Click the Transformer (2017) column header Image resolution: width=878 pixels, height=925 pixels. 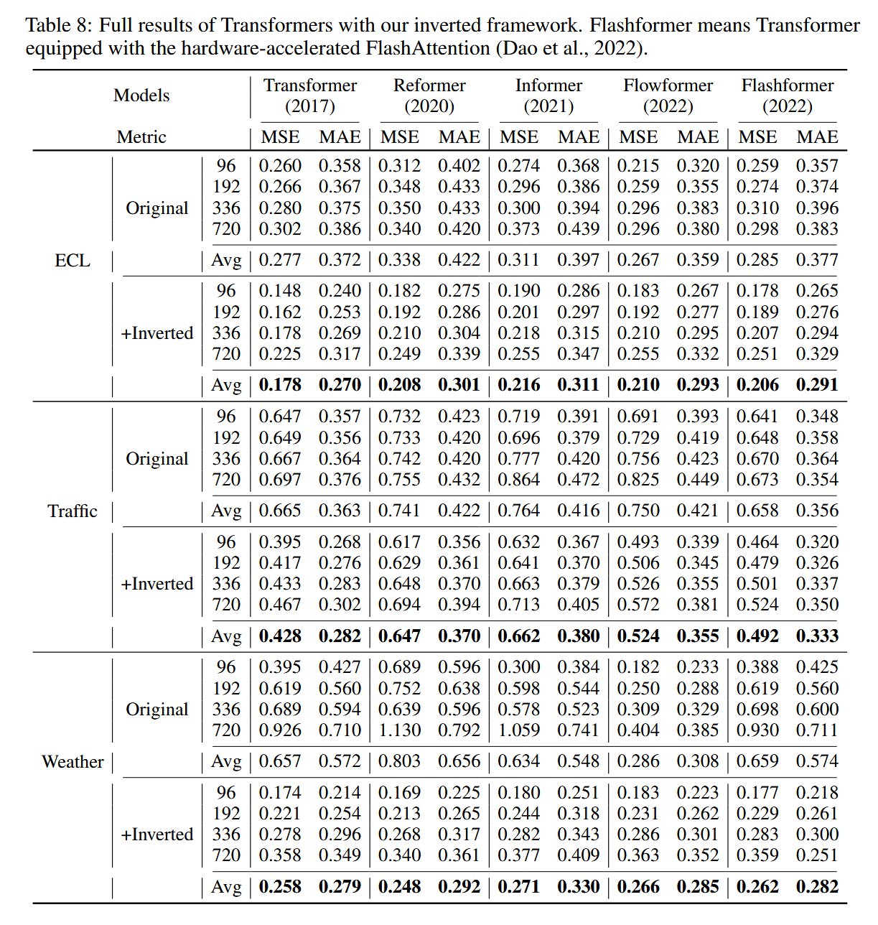[310, 96]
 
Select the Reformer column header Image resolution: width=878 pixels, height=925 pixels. [429, 96]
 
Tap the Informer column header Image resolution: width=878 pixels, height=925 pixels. [548, 96]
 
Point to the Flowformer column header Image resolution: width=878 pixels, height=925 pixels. [668, 96]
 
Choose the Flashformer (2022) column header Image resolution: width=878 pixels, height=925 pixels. [788, 96]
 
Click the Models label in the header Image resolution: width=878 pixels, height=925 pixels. [141, 96]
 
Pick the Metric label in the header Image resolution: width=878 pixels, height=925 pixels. [141, 137]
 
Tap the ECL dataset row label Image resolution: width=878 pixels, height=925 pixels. [73, 261]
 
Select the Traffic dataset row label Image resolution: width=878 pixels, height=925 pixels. [73, 511]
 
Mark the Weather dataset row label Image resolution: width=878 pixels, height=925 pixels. [73, 762]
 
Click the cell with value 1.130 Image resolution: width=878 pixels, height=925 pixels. [399, 730]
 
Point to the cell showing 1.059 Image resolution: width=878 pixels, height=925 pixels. [518, 730]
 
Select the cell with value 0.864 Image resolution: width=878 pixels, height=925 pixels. [518, 480]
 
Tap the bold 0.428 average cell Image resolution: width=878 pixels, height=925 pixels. [280, 636]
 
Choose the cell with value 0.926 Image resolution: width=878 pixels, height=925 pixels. [280, 730]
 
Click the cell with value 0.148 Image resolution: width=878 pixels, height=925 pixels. [280, 291]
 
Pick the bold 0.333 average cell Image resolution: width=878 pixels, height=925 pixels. [817, 636]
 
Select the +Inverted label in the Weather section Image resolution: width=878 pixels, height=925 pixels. [157, 835]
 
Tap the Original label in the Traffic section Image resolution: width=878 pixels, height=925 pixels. [157, 459]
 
